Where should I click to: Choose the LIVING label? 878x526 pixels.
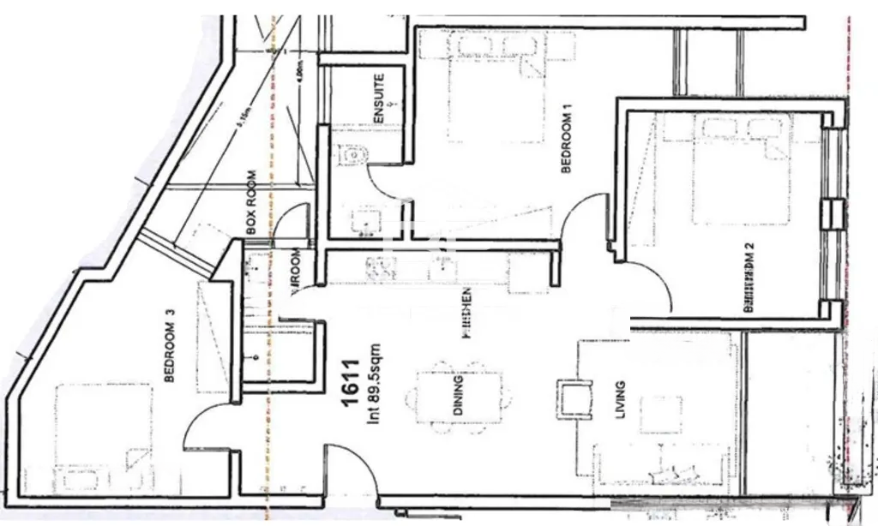pyautogui.click(x=620, y=401)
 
